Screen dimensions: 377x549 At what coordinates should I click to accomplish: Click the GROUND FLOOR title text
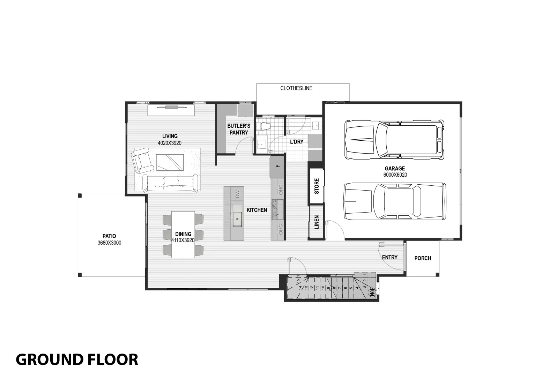(77, 359)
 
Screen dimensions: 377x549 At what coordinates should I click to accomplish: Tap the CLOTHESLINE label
(296, 88)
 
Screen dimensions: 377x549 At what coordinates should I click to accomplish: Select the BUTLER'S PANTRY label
(239, 129)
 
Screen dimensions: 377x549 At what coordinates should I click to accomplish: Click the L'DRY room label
(297, 142)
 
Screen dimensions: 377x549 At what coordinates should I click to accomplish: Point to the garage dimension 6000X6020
(395, 175)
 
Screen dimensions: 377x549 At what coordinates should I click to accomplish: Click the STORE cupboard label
(317, 186)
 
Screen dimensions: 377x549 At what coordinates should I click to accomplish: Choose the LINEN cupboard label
(317, 222)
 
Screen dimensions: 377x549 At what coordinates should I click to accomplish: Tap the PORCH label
(422, 258)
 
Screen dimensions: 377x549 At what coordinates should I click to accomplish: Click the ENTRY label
(390, 257)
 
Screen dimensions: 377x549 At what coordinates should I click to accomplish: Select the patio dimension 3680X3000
(109, 243)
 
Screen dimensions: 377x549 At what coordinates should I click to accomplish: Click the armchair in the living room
(142, 161)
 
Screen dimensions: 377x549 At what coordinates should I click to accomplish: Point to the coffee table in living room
(170, 162)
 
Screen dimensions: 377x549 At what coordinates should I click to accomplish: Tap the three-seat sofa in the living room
(170, 184)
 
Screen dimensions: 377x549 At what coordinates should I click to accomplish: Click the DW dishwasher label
(238, 194)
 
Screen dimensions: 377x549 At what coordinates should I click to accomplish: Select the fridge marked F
(278, 166)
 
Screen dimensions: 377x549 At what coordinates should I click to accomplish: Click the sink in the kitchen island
(237, 219)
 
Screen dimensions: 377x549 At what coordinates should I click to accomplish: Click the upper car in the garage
(394, 140)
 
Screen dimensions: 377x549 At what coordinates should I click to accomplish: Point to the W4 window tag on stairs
(372, 293)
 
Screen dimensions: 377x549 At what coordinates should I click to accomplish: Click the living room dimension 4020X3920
(170, 143)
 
